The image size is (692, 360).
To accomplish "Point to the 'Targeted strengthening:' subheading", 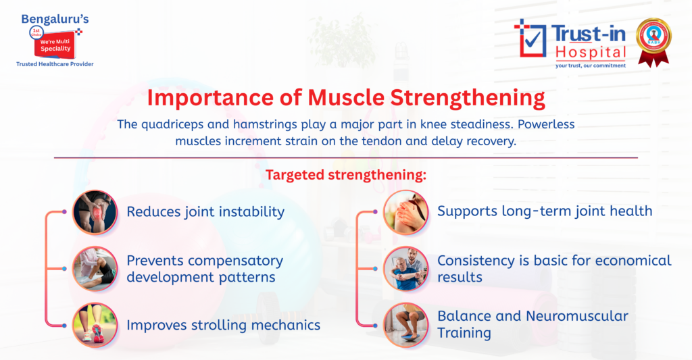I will pos(345,175).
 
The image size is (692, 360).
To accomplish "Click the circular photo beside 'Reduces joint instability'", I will pos(95,212).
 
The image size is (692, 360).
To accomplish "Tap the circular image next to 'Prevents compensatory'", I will pos(95,268).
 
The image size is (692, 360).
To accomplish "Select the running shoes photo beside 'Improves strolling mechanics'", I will pos(95,325).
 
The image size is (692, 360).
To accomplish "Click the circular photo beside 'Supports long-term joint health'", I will pos(406,212).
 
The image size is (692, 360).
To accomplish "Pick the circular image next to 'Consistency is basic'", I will pos(406,268).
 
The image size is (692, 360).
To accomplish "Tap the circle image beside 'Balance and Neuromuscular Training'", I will pos(406,325).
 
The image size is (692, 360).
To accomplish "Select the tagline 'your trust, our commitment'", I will pos(590,66).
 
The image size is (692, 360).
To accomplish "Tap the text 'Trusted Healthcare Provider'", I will pos(55,64).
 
